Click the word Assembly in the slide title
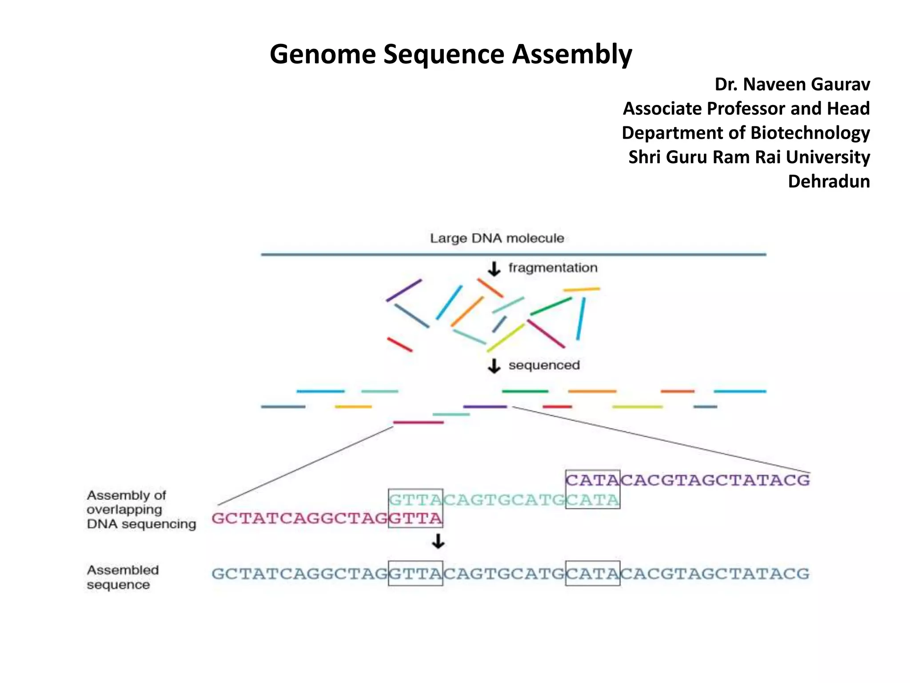pos(572,54)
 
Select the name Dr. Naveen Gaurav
pos(792,84)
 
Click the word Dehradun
pos(828,181)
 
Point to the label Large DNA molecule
pos(497,238)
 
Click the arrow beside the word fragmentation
pos(494,269)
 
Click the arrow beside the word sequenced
pos(494,366)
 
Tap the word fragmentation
pos(553,268)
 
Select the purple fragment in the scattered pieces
pos(403,290)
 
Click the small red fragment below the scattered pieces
pos(399,345)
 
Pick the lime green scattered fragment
pos(506,337)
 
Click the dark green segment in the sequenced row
pos(525,391)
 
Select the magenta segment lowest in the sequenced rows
pos(418,422)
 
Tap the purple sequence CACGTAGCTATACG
pos(714,480)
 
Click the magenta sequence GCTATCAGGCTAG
pos(300,518)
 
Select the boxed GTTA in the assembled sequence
pos(415,574)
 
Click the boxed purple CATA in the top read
pos(592,480)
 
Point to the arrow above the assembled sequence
pos(438,542)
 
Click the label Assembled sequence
pos(123,577)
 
